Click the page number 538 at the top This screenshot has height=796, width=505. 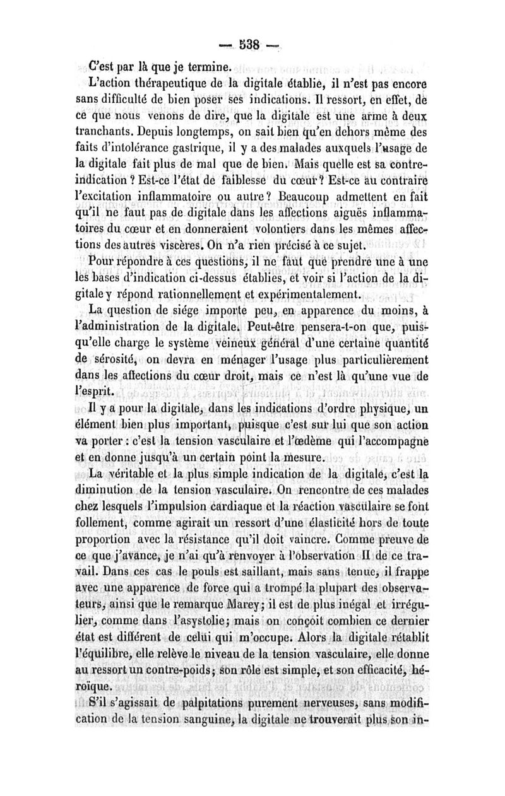click(x=249, y=48)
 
